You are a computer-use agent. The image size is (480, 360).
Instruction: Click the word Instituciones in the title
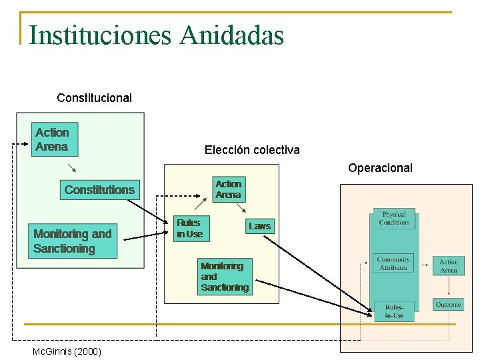tap(101, 35)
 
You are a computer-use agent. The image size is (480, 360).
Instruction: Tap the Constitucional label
tap(94, 98)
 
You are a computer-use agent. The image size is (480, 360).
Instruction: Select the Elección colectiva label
tap(252, 150)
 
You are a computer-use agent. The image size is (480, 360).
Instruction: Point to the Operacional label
tap(380, 168)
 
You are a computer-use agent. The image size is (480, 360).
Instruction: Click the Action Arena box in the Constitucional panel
tap(52, 139)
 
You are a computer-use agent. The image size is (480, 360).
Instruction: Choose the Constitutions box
tap(99, 190)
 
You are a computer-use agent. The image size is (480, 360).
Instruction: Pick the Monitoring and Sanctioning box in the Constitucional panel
tap(73, 241)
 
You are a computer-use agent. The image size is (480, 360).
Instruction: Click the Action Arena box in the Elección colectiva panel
tap(228, 189)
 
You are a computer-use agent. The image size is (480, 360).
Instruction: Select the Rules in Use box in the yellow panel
tap(189, 228)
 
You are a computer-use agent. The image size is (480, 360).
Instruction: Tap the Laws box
tap(259, 226)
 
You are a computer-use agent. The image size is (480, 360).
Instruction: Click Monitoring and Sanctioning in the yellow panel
tap(225, 277)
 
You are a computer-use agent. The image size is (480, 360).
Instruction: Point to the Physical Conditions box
tap(394, 219)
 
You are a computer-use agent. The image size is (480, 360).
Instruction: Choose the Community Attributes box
tap(393, 264)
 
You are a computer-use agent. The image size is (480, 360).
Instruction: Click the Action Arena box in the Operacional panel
tap(448, 266)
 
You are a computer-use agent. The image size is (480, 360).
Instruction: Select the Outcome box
tap(448, 305)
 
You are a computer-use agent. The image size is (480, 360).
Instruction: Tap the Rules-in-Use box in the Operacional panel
tap(394, 311)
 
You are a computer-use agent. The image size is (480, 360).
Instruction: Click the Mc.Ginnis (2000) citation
tap(67, 351)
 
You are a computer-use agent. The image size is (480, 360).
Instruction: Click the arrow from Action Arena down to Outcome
tap(448, 286)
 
